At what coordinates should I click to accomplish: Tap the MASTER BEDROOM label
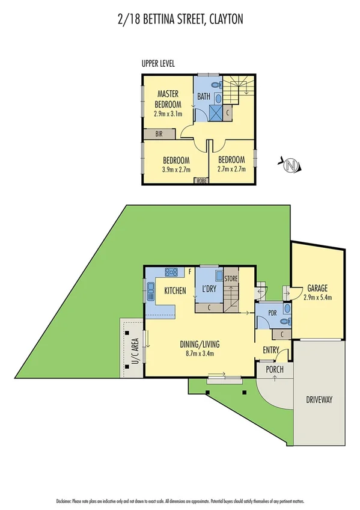coord(170,99)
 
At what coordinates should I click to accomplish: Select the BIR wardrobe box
coord(159,134)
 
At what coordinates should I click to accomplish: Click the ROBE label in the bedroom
coord(200,180)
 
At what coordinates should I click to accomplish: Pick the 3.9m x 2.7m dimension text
coord(176,170)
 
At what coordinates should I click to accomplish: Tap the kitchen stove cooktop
coord(172,272)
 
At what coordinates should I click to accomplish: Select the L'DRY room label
coord(209,289)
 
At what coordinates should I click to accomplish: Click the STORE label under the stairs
coord(231,278)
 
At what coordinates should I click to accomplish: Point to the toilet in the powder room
coord(286,310)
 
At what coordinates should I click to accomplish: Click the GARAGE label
coord(317,287)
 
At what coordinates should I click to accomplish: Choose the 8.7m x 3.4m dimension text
coord(200,353)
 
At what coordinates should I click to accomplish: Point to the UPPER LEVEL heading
coord(158,64)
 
